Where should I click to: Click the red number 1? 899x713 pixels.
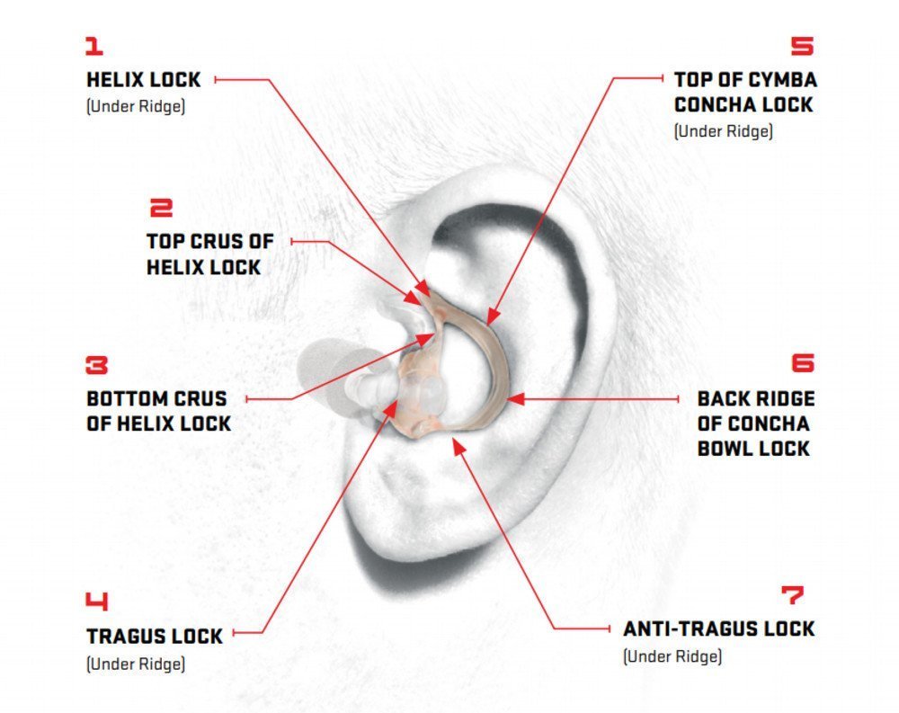pyautogui.click(x=94, y=46)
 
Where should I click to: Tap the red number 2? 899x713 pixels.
pyautogui.click(x=161, y=208)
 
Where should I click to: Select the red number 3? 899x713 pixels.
pyautogui.click(x=97, y=365)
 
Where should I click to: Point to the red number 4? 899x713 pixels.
pyautogui.click(x=97, y=601)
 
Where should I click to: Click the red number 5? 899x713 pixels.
pyautogui.click(x=803, y=46)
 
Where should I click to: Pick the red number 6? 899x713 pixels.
pyautogui.click(x=803, y=363)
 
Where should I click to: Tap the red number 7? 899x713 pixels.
pyautogui.click(x=793, y=595)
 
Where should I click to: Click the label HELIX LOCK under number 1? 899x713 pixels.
pyautogui.click(x=143, y=80)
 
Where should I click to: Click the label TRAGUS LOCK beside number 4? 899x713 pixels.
pyautogui.click(x=155, y=637)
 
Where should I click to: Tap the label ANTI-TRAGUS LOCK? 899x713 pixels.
pyautogui.click(x=719, y=628)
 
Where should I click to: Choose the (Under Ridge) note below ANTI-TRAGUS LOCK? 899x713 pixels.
pyautogui.click(x=672, y=655)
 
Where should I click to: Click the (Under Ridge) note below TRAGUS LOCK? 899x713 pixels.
pyautogui.click(x=136, y=664)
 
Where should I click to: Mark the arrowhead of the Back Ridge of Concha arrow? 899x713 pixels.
pyautogui.click(x=515, y=398)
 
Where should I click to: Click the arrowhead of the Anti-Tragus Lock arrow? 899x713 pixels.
pyautogui.click(x=459, y=446)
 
